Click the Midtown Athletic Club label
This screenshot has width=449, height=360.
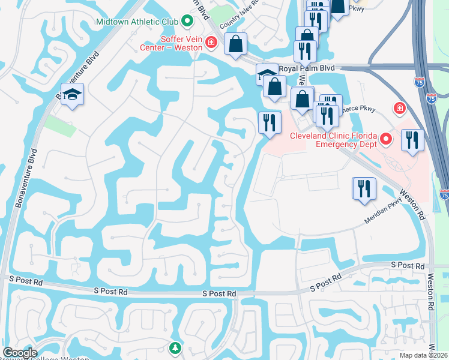click(x=137, y=22)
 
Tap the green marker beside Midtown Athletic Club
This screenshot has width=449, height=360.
click(x=187, y=22)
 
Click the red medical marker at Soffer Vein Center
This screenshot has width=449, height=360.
click(x=211, y=42)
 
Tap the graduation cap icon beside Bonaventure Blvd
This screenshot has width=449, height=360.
click(x=73, y=95)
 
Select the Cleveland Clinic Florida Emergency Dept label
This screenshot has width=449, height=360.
click(x=333, y=140)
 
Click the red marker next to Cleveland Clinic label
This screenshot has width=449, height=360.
click(x=387, y=140)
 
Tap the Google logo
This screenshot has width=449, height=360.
click(x=20, y=353)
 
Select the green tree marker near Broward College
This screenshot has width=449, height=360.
click(x=175, y=347)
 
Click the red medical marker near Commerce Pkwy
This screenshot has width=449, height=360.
click(x=399, y=108)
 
